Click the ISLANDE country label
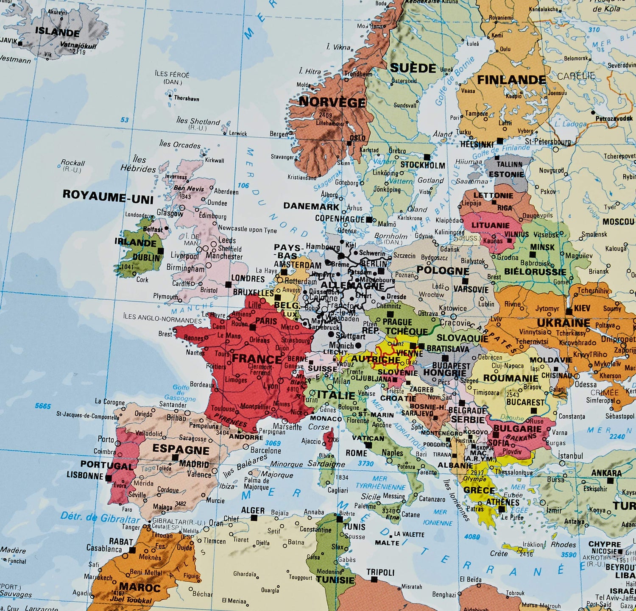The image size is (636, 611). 57,32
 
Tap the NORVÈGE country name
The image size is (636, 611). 332,102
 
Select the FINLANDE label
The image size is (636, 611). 511,80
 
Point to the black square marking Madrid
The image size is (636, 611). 175,458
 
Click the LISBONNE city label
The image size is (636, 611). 85,475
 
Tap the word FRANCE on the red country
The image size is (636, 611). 257,359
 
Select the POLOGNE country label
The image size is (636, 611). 443,271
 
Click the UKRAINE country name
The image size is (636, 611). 563,323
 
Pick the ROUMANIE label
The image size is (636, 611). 510,378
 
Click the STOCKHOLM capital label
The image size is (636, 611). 423,165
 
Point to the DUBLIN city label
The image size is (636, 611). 146,257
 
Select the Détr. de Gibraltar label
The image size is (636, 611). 100,517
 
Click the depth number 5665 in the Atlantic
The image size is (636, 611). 43,406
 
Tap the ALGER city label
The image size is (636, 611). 253,511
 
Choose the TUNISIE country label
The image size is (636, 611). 335,580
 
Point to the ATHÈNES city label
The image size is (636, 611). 503,503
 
